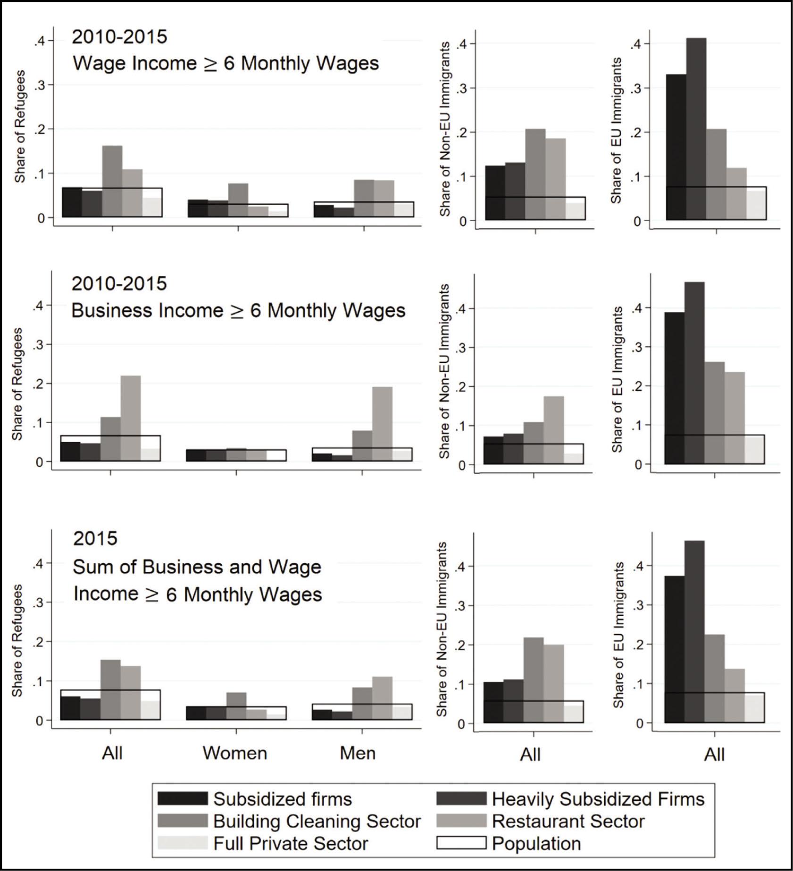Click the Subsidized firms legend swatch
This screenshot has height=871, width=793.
(182, 799)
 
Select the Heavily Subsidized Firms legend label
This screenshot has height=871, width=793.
(598, 799)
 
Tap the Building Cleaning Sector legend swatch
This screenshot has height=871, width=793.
(182, 821)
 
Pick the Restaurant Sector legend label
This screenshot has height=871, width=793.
(568, 821)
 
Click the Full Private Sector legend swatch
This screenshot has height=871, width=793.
(182, 843)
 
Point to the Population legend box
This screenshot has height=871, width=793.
(461, 843)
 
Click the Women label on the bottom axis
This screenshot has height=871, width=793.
(235, 753)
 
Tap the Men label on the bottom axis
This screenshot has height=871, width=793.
(358, 753)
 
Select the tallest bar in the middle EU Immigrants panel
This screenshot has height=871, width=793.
(694, 373)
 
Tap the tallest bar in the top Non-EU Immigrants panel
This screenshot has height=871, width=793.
(535, 174)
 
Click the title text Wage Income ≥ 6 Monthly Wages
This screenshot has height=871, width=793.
(225, 64)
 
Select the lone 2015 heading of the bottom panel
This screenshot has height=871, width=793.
(95, 538)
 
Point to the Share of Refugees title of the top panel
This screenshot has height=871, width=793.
(20, 126)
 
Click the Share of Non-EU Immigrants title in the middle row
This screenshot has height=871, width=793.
(444, 371)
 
